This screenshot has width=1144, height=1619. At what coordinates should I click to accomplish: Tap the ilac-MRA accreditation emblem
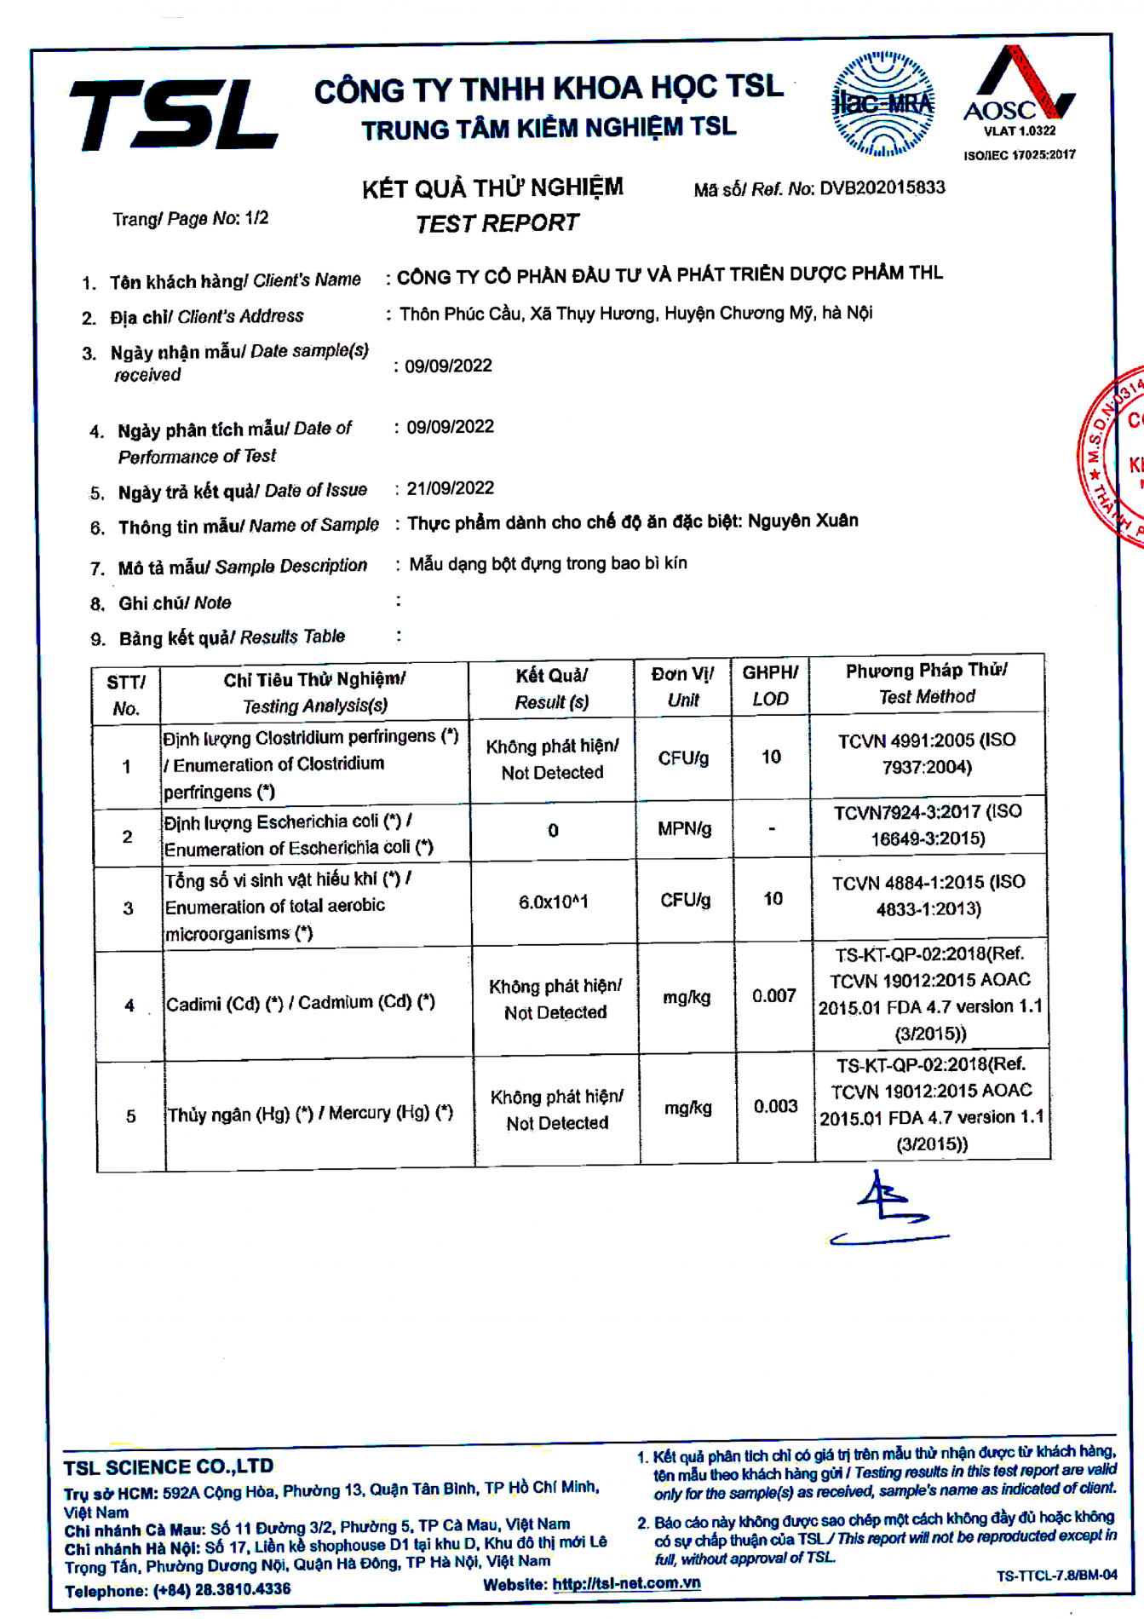(883, 105)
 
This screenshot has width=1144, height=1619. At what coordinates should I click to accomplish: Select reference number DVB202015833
(882, 187)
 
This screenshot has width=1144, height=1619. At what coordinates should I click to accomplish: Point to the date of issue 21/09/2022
(450, 488)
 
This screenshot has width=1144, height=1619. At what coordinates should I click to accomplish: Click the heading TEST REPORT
(497, 223)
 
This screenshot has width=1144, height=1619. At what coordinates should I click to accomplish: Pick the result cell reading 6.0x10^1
(553, 902)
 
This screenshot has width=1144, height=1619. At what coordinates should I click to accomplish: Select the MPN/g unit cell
(684, 828)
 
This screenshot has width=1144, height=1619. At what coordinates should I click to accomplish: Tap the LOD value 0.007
(773, 995)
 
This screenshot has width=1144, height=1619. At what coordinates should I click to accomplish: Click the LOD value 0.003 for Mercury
(775, 1106)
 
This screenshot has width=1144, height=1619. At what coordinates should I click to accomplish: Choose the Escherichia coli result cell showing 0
(553, 830)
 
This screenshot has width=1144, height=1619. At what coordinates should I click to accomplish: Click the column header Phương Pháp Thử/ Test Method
(927, 683)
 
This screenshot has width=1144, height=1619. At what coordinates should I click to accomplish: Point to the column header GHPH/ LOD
(770, 685)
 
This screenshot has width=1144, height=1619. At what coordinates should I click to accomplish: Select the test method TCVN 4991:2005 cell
(927, 753)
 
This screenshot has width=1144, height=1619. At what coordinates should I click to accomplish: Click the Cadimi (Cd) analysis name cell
(301, 1003)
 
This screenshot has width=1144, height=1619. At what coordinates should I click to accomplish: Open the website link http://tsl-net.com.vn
(626, 1583)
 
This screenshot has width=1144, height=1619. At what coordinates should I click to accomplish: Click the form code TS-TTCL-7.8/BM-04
(1056, 1576)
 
